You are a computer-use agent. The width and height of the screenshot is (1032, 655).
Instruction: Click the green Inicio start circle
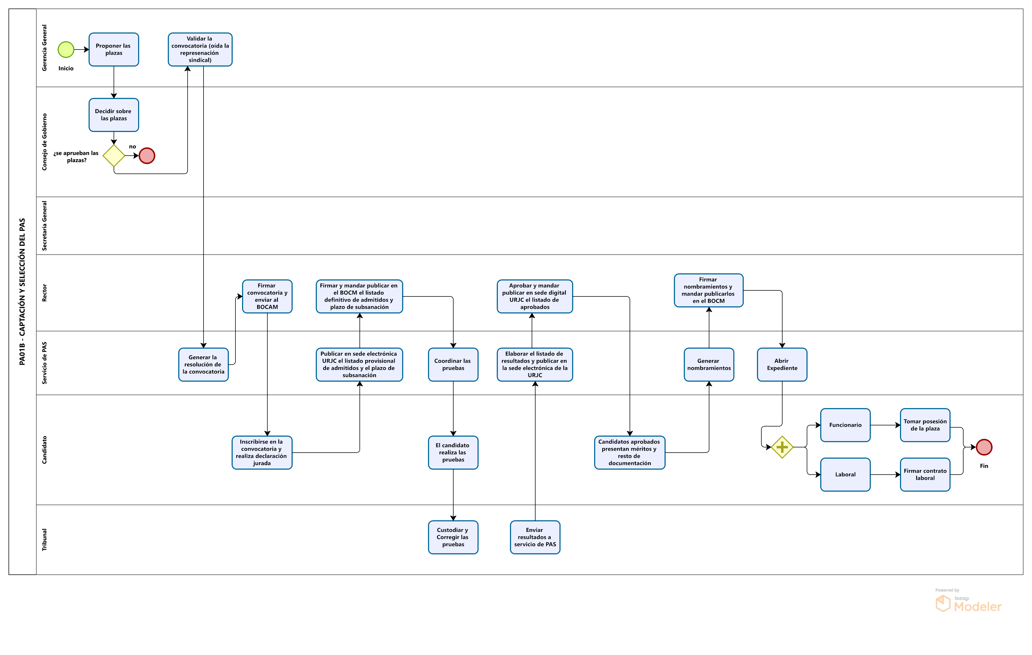[x=66, y=50]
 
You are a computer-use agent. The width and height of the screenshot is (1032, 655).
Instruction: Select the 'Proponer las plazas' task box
[x=114, y=50]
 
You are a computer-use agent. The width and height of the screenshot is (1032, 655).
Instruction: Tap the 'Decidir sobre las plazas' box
[x=114, y=115]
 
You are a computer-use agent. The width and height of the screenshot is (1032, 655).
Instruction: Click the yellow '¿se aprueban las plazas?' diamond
[x=114, y=156]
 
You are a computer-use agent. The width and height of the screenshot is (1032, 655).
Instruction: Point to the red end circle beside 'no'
[x=147, y=156]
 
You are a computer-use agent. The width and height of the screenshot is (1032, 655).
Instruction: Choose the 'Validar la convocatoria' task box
[x=200, y=50]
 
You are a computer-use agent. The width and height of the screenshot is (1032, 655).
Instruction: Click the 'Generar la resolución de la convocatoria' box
[x=203, y=365]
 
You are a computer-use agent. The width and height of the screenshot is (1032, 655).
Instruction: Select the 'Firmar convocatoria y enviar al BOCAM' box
[x=267, y=296]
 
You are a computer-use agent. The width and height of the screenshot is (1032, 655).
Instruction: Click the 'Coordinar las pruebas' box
[x=453, y=365]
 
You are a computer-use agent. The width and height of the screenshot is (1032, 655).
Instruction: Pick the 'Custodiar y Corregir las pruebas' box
[x=453, y=537]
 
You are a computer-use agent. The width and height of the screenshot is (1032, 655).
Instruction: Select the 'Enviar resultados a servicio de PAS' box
[x=535, y=537]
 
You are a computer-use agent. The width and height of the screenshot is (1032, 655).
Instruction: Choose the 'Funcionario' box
[x=845, y=425]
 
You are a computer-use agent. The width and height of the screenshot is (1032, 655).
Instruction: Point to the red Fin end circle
[x=984, y=447]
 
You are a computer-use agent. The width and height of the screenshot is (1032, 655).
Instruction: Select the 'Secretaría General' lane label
[x=44, y=226]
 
